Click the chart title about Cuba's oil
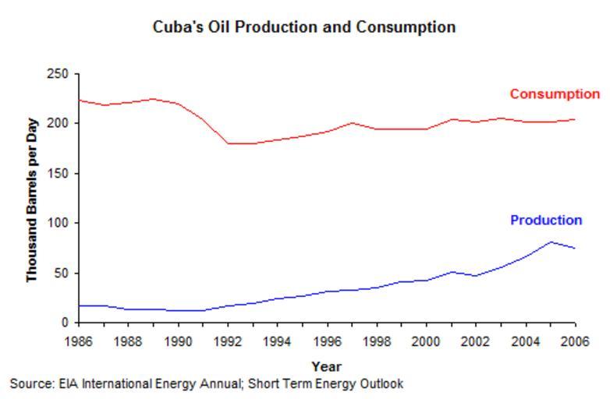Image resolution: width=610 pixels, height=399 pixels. coord(304,27)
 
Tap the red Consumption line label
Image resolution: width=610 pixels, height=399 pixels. coord(555,94)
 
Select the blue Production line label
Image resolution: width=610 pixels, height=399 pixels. coord(546,221)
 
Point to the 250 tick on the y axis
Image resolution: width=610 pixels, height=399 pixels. coord(59,74)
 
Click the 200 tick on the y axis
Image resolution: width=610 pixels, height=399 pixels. coord(59,124)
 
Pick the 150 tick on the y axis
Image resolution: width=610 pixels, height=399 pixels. coord(59,174)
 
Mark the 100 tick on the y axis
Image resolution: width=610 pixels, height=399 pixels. coord(59,224)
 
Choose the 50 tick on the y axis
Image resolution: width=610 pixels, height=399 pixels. coord(62,274)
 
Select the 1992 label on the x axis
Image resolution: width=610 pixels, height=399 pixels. coord(229,341)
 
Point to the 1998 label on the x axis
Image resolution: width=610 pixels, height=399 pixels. coord(377,341)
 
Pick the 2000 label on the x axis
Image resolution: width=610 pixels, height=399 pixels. coord(427,341)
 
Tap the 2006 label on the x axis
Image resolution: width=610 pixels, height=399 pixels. coord(575,341)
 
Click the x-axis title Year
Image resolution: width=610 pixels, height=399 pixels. coord(326,366)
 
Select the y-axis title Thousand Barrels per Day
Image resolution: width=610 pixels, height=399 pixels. coord(32,200)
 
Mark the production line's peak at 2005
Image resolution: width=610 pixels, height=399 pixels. coord(551,242)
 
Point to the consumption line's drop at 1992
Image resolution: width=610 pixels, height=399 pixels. coord(229,143)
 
